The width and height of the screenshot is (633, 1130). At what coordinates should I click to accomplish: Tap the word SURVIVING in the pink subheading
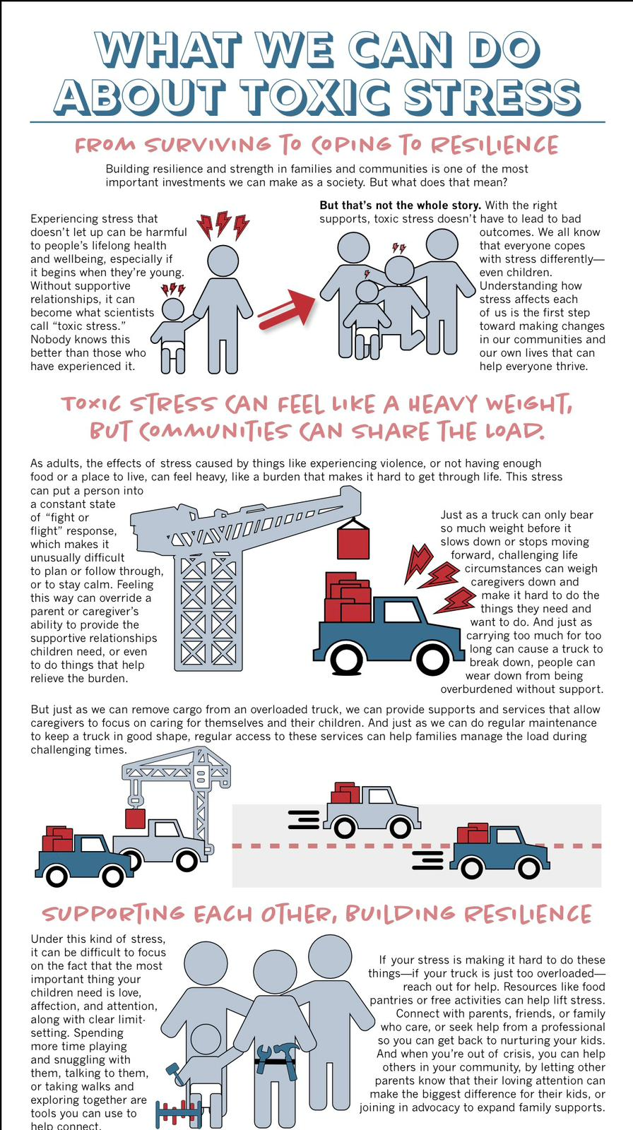point(207,145)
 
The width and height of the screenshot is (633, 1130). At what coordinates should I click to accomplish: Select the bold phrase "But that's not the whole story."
point(400,206)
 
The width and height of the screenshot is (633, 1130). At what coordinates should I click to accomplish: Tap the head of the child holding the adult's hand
point(172,309)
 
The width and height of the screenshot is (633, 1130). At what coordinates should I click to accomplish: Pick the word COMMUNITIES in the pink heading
point(214,432)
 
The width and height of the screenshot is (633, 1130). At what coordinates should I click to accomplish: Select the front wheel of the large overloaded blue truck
point(348,658)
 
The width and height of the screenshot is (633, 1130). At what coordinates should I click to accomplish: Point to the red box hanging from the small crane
point(135,818)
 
